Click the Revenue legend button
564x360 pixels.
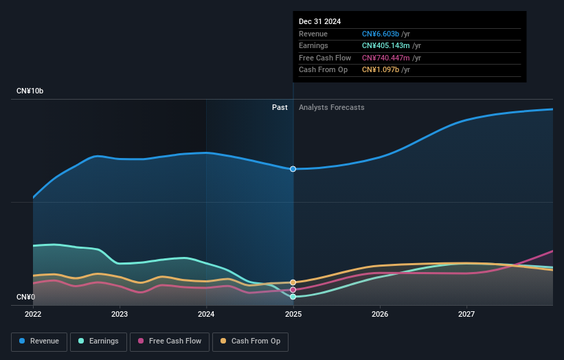[39, 341]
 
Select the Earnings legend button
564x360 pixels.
[98, 341]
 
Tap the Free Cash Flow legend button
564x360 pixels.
[170, 341]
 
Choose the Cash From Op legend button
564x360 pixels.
[251, 341]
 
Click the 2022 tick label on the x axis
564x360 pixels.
[33, 315]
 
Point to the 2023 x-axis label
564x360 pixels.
[120, 315]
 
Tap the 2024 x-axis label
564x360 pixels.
[206, 315]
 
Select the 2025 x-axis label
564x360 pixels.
[293, 315]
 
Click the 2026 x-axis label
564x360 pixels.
[380, 315]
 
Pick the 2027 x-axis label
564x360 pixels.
[466, 315]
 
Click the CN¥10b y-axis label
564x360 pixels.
[30, 91]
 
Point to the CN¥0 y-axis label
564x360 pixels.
[26, 297]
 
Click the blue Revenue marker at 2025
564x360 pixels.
[293, 169]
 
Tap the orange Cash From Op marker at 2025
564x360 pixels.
[293, 282]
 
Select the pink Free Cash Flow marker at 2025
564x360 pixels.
[293, 290]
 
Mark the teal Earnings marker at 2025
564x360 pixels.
[293, 297]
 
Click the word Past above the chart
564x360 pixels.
[280, 107]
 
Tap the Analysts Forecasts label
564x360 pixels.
[331, 107]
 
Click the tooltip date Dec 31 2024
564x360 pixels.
[319, 22]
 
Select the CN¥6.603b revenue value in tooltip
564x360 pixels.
[381, 34]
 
